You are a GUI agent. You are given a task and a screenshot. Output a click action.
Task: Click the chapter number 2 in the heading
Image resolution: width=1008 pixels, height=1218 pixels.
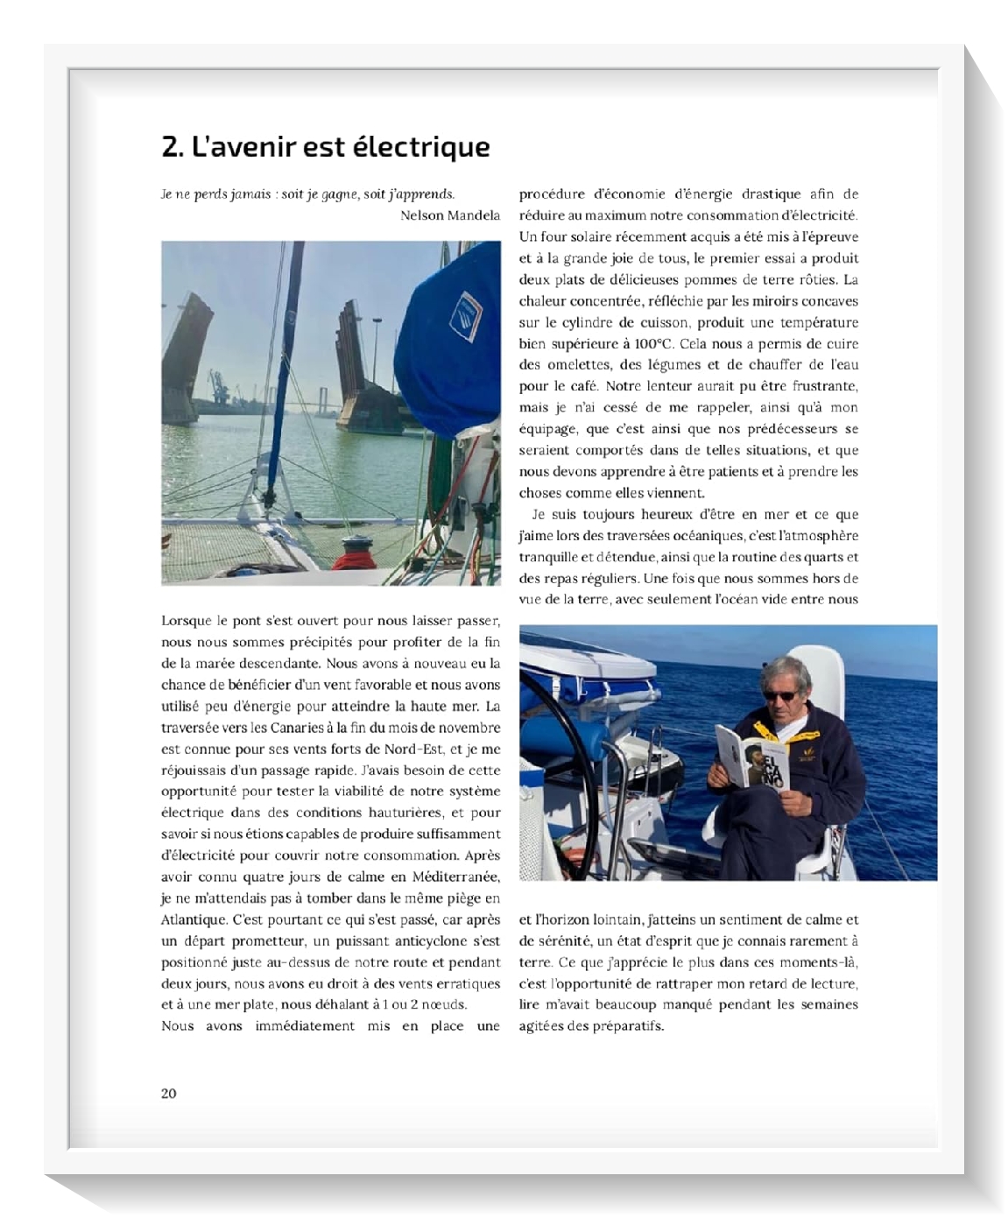170,146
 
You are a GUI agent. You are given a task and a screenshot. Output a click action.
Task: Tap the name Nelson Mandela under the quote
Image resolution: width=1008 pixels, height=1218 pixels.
449,215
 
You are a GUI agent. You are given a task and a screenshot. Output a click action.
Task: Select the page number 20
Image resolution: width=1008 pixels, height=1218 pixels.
168,1093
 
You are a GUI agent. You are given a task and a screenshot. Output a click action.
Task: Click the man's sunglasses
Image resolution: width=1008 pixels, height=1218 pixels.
779,695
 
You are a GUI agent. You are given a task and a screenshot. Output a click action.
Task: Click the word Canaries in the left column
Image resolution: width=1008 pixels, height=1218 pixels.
278,728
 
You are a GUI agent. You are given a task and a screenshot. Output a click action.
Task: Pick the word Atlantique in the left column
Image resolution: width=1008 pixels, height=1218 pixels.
194,919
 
